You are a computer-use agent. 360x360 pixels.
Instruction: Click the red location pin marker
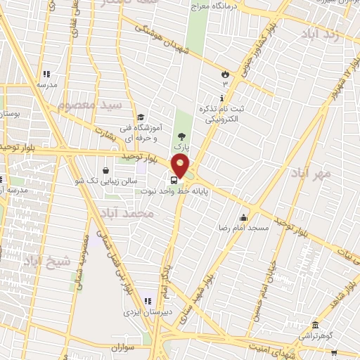tap(181, 166)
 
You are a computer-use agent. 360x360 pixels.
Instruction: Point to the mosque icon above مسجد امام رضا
tap(243, 217)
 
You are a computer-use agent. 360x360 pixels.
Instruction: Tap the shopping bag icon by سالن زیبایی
tap(105, 169)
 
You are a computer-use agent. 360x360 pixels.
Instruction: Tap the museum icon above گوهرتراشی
tap(314, 326)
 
